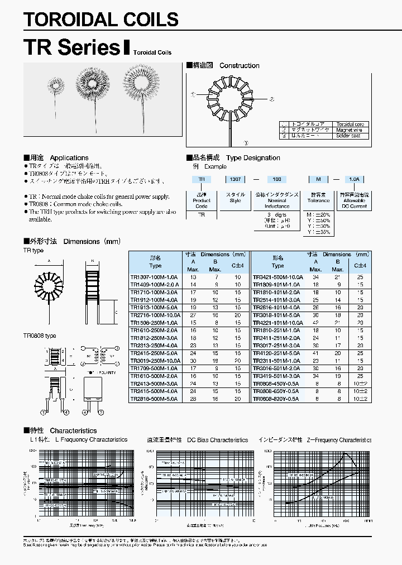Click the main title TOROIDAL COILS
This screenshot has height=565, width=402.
pos(101,20)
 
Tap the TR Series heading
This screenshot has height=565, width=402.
pos(72,47)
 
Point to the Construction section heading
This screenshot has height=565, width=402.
pos(239,65)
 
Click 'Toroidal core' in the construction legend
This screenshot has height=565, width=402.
pos(350,124)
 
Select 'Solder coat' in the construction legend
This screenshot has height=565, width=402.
pos(348,135)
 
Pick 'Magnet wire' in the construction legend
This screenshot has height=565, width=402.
pos(348,130)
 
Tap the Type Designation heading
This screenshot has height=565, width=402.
pos(253,158)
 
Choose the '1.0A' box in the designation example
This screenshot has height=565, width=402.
pos(354,179)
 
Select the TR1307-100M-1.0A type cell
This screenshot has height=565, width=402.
pos(154,277)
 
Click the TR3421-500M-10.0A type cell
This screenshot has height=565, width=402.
pos(277,277)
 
